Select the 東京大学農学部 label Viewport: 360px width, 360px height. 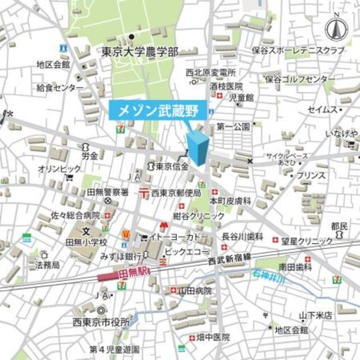click(140, 52)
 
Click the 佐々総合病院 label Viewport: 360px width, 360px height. click(75, 215)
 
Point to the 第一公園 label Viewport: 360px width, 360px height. click(233, 127)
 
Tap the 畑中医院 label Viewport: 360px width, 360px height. click(213, 337)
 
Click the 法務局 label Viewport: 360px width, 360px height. click(47, 264)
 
